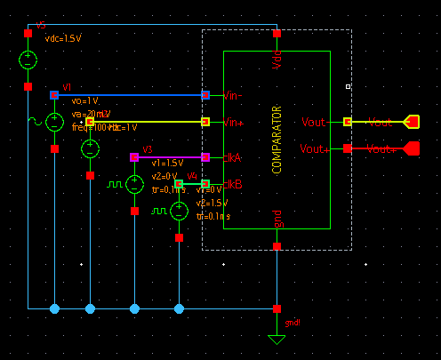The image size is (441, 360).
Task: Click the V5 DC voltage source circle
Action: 28,60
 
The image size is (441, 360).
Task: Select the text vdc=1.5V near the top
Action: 62,39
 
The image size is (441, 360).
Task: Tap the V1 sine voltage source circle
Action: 54,122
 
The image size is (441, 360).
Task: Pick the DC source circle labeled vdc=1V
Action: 90,148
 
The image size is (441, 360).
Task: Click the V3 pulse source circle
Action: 134,184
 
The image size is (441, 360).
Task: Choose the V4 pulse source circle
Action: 179,211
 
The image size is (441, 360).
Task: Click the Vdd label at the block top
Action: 277,61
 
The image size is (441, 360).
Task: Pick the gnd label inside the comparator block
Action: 277,219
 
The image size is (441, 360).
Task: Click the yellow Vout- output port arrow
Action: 412,122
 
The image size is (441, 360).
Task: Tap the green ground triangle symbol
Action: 277,339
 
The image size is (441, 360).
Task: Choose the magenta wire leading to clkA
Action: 169,157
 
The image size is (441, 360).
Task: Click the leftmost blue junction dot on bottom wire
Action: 54,308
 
